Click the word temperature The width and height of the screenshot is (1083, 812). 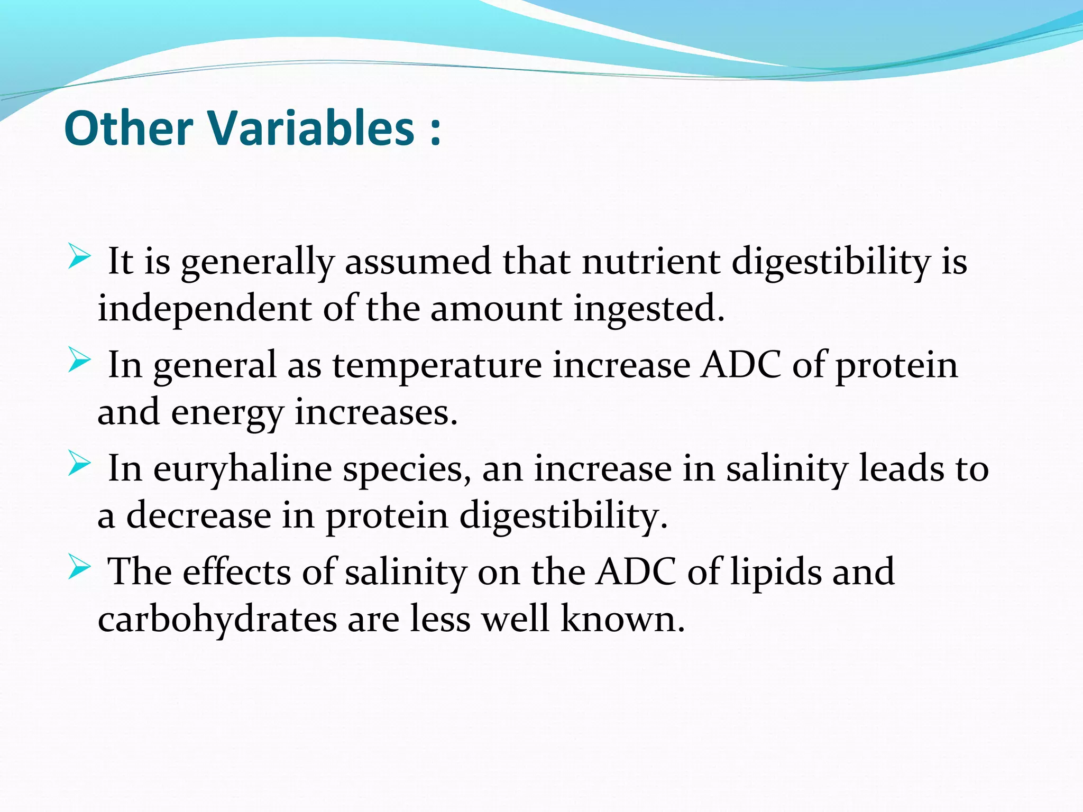(x=437, y=366)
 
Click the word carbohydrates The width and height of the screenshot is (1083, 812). (x=217, y=619)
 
